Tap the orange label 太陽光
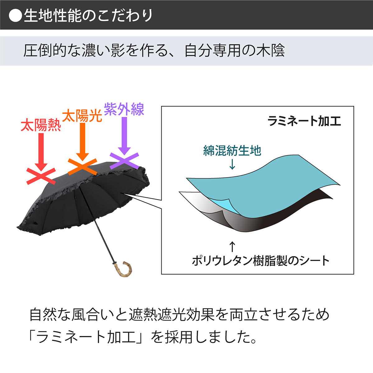(x=82, y=116)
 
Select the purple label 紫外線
(x=124, y=109)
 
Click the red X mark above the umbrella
(x=41, y=176)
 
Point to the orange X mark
(x=82, y=167)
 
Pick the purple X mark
(x=124, y=161)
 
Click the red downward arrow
(x=41, y=152)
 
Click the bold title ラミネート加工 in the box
(x=304, y=121)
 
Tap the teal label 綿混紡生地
(x=232, y=150)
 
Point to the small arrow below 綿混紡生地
(x=232, y=164)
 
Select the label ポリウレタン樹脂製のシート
(x=260, y=261)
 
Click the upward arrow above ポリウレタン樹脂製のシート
(x=232, y=246)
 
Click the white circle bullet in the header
(x=15, y=15)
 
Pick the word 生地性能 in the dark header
(x=53, y=15)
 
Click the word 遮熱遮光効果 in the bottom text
(x=172, y=314)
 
